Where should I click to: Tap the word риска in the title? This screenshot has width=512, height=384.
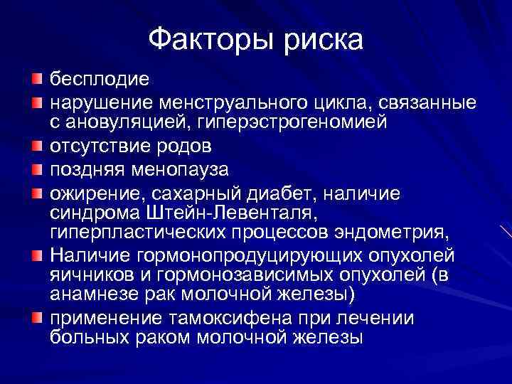point(323,40)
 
